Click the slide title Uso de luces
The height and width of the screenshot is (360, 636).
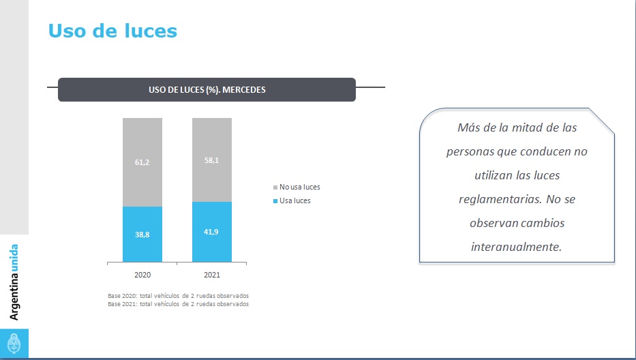112,31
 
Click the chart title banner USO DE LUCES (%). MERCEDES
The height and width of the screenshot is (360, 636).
207,89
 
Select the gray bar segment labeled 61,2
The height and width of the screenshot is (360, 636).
142,162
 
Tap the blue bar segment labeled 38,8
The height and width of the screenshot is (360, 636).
142,234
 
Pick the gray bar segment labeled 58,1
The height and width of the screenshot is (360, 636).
212,160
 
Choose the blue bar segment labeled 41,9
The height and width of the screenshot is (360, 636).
212,232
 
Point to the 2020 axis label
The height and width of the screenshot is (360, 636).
142,275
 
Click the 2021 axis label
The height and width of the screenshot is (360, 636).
212,275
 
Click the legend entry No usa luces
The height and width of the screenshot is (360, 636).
299,187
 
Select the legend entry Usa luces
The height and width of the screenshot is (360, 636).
295,200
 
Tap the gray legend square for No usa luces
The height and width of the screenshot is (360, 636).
275,187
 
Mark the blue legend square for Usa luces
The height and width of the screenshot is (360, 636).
275,201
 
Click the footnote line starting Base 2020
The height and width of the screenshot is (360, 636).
178,296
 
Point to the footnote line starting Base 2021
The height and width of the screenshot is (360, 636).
178,304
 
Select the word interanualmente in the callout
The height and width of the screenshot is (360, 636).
517,247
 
